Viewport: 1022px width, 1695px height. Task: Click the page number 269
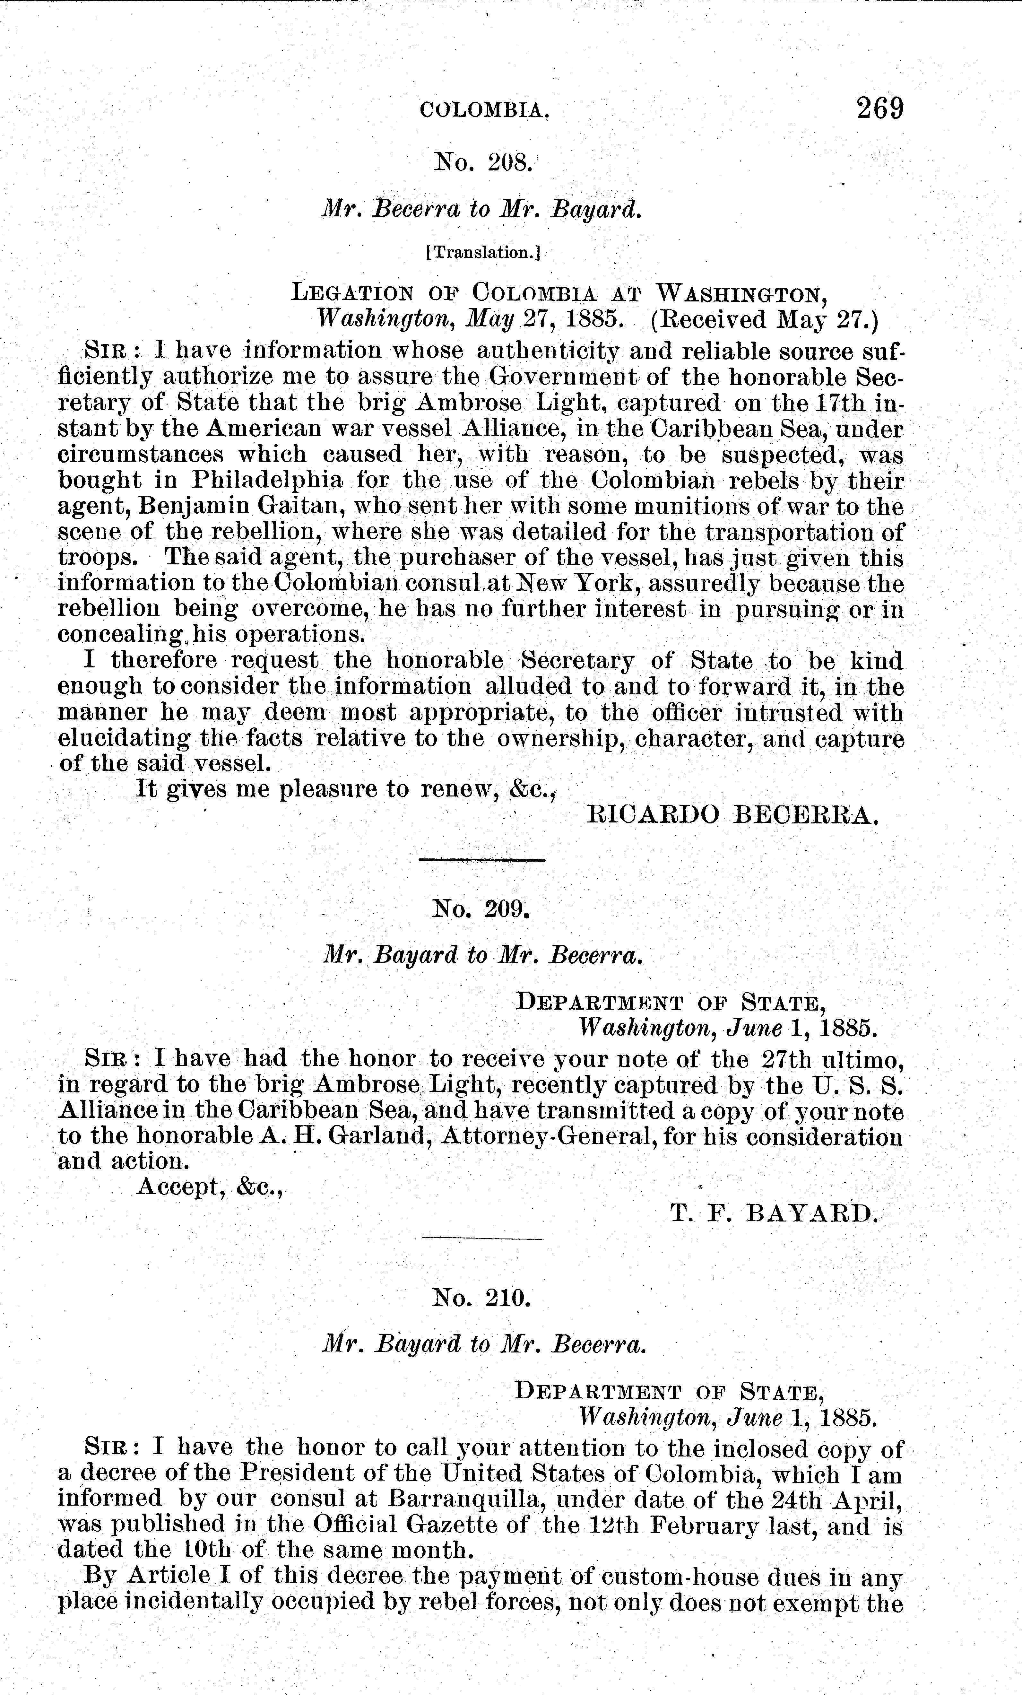(879, 109)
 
